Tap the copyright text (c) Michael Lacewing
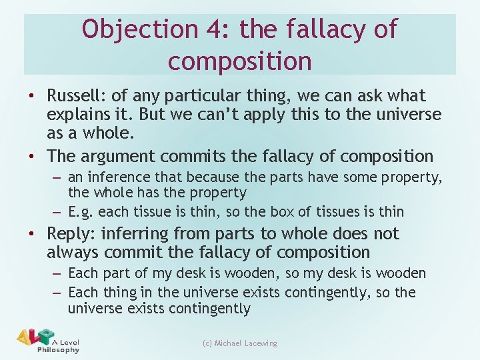239,343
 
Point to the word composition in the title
239,61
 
